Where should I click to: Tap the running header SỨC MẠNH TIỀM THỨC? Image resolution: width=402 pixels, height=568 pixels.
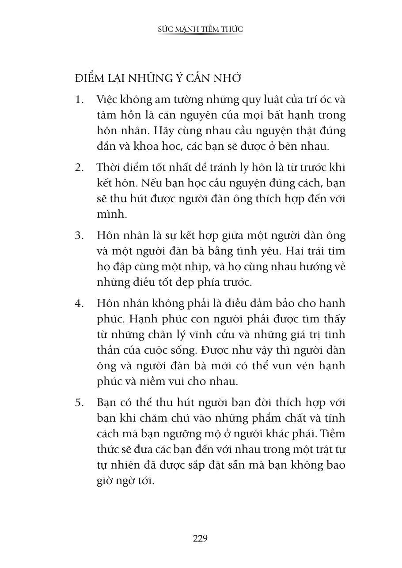pyautogui.click(x=201, y=29)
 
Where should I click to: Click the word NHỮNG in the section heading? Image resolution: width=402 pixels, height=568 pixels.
pyautogui.click(x=150, y=79)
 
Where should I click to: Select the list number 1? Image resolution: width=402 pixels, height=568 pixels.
pyautogui.click(x=79, y=99)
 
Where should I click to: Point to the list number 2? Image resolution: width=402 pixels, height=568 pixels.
pyautogui.click(x=79, y=167)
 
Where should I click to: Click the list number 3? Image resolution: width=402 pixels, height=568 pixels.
pyautogui.click(x=79, y=235)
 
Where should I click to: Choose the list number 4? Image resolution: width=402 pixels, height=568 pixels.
pyautogui.click(x=79, y=304)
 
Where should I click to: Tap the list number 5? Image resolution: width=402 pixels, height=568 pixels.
pyautogui.click(x=79, y=402)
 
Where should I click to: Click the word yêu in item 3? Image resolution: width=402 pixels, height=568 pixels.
pyautogui.click(x=258, y=251)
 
